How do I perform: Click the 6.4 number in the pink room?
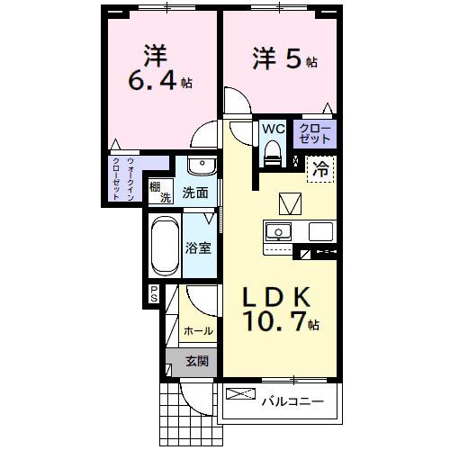tap(149, 81)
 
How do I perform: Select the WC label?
tap(273, 129)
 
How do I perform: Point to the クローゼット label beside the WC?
tap(315, 133)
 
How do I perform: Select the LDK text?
tap(275, 296)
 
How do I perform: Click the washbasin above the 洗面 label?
tap(201, 167)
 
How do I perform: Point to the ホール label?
tap(198, 331)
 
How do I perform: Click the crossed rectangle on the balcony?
tap(239, 394)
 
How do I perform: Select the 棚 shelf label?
tap(156, 187)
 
